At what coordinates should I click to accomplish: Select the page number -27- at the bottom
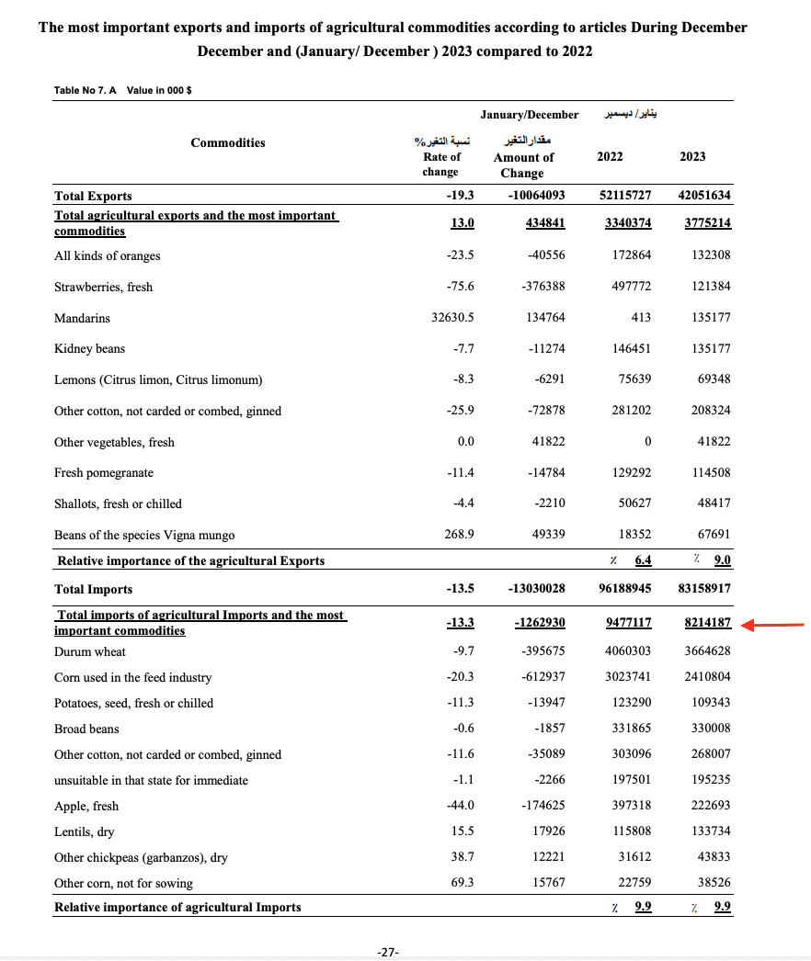click(388, 952)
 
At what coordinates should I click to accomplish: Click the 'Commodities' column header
click(228, 142)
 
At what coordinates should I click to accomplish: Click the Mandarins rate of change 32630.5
click(446, 318)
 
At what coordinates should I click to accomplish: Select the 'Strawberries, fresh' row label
click(104, 287)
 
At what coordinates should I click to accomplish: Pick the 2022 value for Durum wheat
click(628, 651)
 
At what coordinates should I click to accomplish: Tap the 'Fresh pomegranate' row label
click(104, 473)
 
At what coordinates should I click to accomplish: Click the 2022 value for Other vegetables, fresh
click(647, 442)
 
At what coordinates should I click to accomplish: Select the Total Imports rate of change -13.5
click(459, 589)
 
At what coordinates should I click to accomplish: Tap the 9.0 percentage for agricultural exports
click(723, 560)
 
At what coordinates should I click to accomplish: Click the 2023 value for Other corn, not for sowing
click(711, 883)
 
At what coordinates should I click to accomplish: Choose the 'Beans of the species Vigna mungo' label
click(144, 535)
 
